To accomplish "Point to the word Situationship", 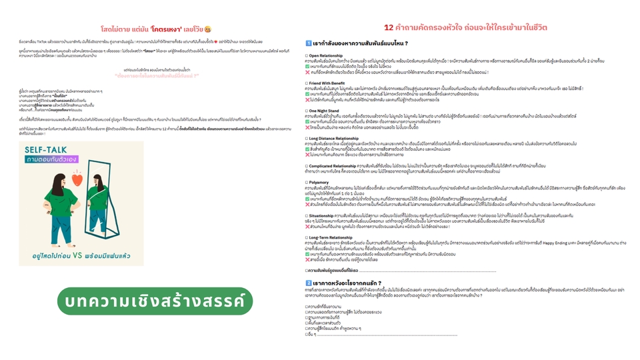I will (326, 215).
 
